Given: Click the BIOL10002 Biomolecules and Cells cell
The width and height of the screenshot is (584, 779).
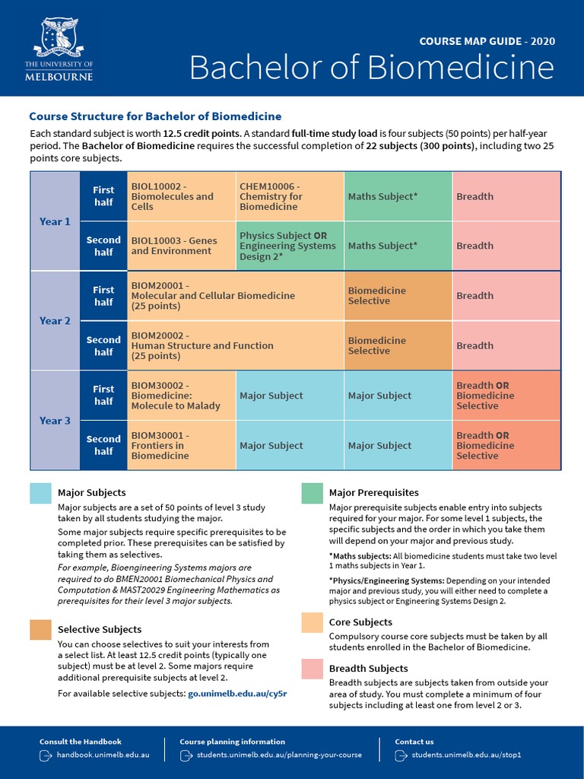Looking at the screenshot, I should click(x=181, y=196).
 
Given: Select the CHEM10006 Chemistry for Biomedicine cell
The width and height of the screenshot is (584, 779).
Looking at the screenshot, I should click(x=290, y=196).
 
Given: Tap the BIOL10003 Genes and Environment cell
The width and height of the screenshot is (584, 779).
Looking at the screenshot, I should click(x=181, y=246).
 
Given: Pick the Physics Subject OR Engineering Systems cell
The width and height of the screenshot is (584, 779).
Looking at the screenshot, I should click(x=290, y=246).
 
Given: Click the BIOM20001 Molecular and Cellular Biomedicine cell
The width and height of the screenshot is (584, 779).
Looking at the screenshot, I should click(x=235, y=296).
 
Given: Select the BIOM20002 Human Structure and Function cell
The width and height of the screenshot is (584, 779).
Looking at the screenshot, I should click(x=235, y=345).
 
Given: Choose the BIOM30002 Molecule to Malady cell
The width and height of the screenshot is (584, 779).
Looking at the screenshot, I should click(x=181, y=396).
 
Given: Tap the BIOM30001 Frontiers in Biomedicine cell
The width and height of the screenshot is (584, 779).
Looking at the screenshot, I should click(x=181, y=446).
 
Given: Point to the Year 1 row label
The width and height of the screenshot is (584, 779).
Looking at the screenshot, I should click(x=55, y=221).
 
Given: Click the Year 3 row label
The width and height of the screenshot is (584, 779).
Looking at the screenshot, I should click(x=55, y=421).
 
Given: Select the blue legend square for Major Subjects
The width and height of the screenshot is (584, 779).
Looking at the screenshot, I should click(x=40, y=493).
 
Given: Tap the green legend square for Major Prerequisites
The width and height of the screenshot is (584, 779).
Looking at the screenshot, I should click(x=312, y=493).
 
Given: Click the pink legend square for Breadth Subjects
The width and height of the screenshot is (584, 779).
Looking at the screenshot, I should click(x=312, y=669).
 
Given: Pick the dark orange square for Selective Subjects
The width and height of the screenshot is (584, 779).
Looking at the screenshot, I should click(x=40, y=629).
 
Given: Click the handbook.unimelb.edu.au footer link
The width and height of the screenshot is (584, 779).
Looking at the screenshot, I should click(x=103, y=755).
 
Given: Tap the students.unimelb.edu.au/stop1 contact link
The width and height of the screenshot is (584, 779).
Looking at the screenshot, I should click(x=465, y=755).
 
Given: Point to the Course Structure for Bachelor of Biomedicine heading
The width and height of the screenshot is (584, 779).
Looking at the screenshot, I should click(x=155, y=116).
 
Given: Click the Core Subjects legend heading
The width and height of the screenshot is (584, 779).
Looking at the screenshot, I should click(x=360, y=622).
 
